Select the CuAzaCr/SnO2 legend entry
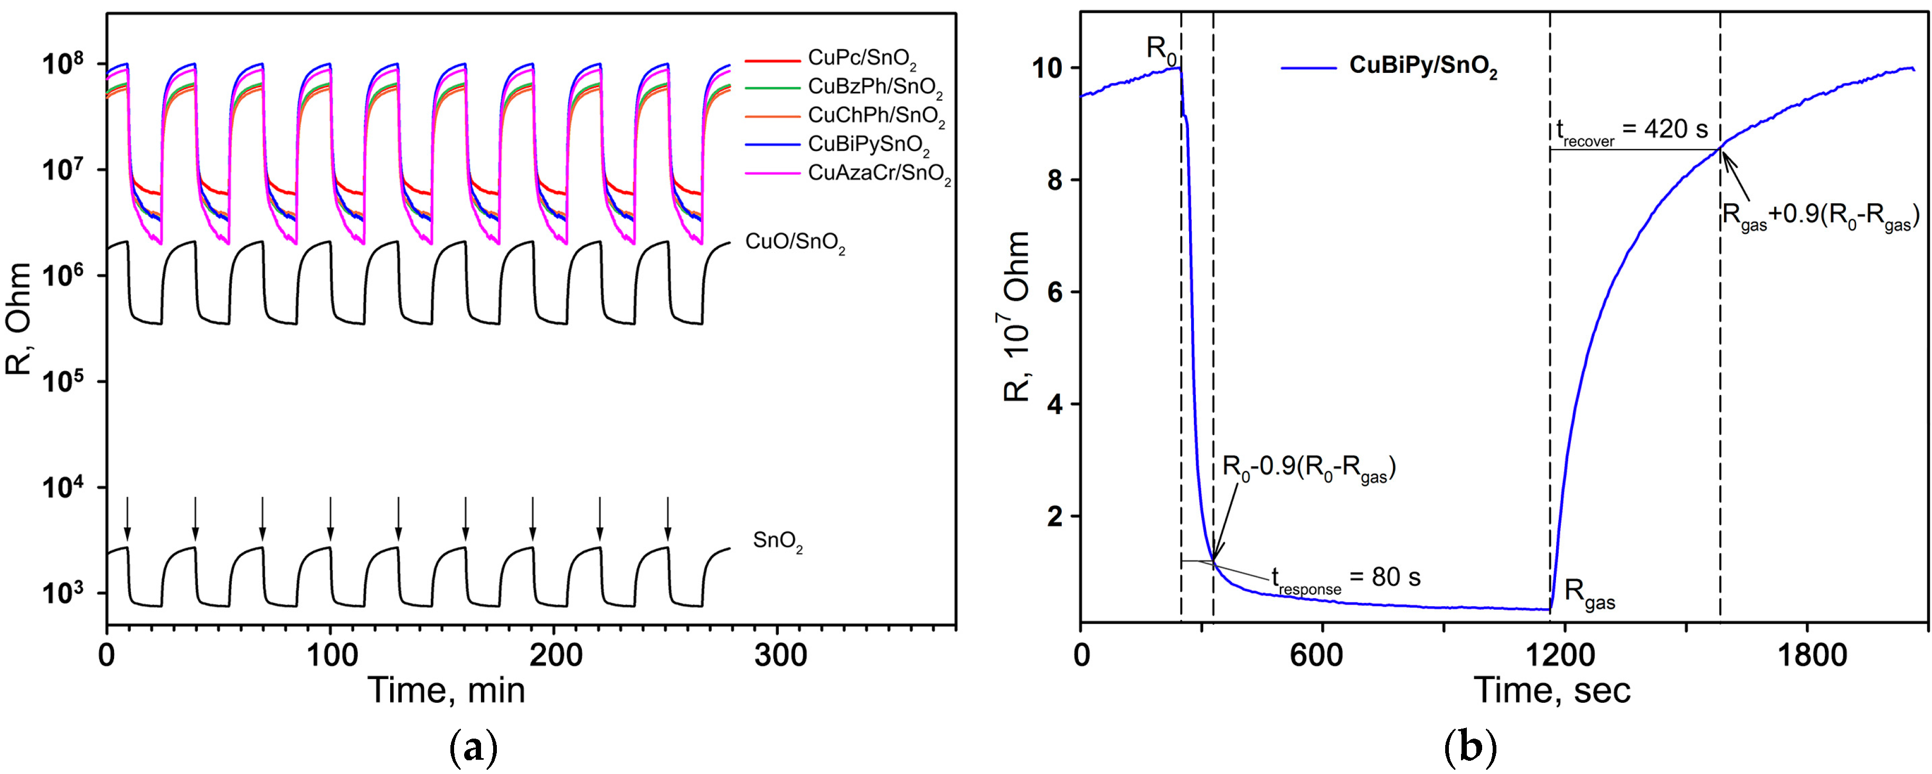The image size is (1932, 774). pyautogui.click(x=879, y=175)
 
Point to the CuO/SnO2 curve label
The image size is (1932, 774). pyautogui.click(x=795, y=243)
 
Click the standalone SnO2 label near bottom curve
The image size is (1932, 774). pyautogui.click(x=778, y=542)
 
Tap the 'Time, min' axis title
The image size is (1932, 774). pyautogui.click(x=446, y=690)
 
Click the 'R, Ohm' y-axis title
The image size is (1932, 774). pyautogui.click(x=20, y=319)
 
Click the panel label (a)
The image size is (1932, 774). pyautogui.click(x=473, y=749)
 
